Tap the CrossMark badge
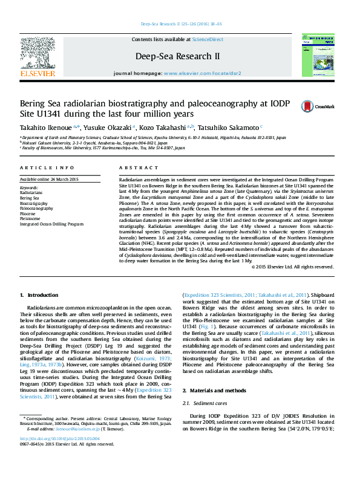point(317,106)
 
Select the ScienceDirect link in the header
point(208,39)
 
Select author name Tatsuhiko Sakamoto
point(231,128)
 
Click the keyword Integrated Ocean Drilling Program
point(51,224)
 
